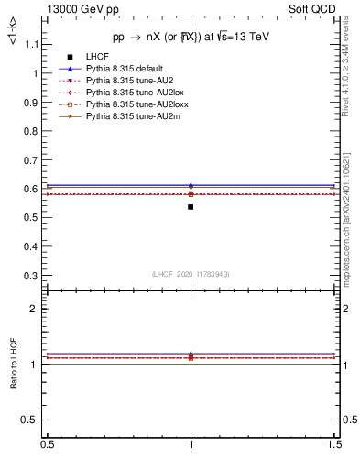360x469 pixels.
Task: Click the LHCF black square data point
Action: [x=191, y=207]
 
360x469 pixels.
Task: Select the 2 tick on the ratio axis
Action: [x=38, y=310]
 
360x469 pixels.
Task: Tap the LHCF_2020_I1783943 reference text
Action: [x=191, y=274]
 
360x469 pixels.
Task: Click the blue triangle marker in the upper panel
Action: [x=191, y=186]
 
